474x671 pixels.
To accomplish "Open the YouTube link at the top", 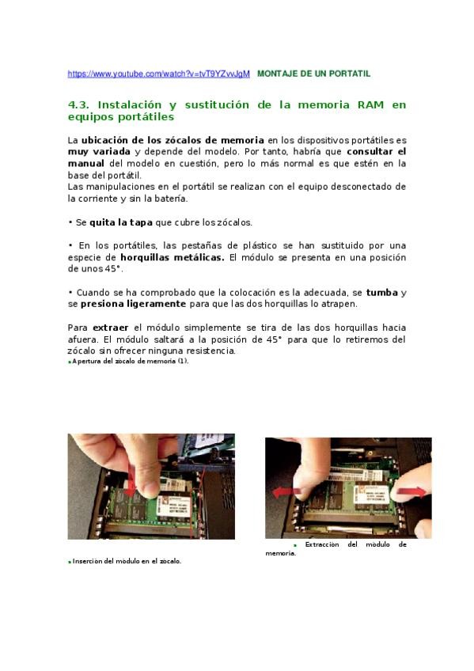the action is click(159, 74).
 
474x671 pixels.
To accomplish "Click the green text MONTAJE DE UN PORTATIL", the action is click(313, 74).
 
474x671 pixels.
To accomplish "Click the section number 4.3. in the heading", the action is click(78, 104).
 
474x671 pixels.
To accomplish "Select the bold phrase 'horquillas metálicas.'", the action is click(173, 258).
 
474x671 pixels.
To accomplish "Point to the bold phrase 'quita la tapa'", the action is click(121, 222).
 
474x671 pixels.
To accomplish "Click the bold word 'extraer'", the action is click(110, 328).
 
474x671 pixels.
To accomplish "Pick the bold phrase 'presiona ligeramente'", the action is click(134, 304).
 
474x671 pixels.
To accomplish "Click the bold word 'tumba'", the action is click(382, 293).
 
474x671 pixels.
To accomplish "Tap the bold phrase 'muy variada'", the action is click(99, 151).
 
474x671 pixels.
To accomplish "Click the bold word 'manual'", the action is click(86, 164).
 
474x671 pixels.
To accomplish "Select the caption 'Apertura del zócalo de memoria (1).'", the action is click(130, 361).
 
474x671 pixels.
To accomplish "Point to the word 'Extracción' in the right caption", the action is click(322, 544).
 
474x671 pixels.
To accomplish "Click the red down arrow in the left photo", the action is click(132, 480).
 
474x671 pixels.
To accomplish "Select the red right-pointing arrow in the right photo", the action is click(412, 492).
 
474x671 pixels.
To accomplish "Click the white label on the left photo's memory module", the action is click(173, 506).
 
